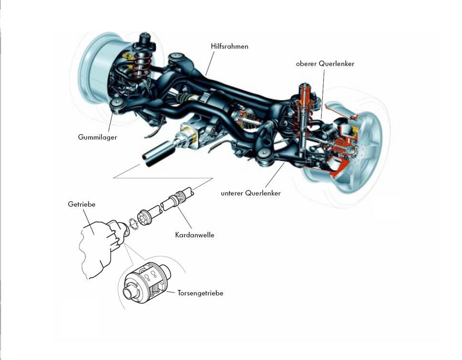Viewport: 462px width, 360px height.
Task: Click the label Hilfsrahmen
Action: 229,47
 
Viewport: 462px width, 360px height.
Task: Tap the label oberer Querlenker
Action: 325,63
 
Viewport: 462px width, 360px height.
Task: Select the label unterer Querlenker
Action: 251,193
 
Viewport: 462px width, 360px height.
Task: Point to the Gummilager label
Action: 97,137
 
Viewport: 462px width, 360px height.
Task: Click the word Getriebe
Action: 82,204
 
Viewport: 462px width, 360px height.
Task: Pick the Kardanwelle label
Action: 195,235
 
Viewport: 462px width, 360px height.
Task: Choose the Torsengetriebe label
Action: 200,293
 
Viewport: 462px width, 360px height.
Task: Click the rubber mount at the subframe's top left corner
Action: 177,58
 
